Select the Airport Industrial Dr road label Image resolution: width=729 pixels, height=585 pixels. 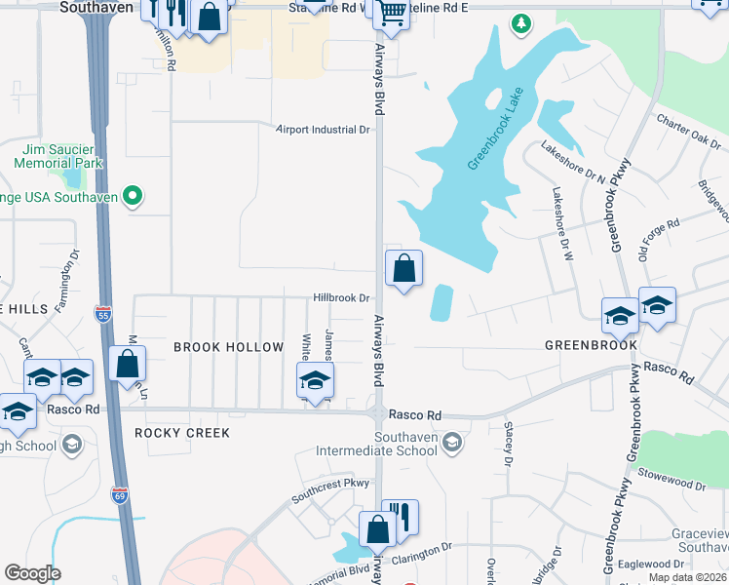coord(324,129)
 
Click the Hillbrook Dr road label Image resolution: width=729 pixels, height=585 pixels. coord(341,298)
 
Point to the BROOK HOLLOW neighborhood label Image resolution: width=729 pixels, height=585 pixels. coord(228,347)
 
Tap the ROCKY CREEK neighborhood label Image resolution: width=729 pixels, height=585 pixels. coord(182,432)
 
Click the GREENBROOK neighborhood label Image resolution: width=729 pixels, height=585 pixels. coord(591,345)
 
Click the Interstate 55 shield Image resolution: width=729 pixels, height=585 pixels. coord(104,314)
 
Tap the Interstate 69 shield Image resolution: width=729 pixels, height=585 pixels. coord(119,494)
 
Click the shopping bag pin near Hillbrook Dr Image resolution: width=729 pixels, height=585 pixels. coord(403,268)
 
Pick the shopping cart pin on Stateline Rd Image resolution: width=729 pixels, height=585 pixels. coord(391,13)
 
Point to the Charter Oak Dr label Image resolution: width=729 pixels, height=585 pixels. coord(688,133)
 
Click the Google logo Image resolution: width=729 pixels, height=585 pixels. coord(33,573)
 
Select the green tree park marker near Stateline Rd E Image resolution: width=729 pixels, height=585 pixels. coord(522,21)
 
